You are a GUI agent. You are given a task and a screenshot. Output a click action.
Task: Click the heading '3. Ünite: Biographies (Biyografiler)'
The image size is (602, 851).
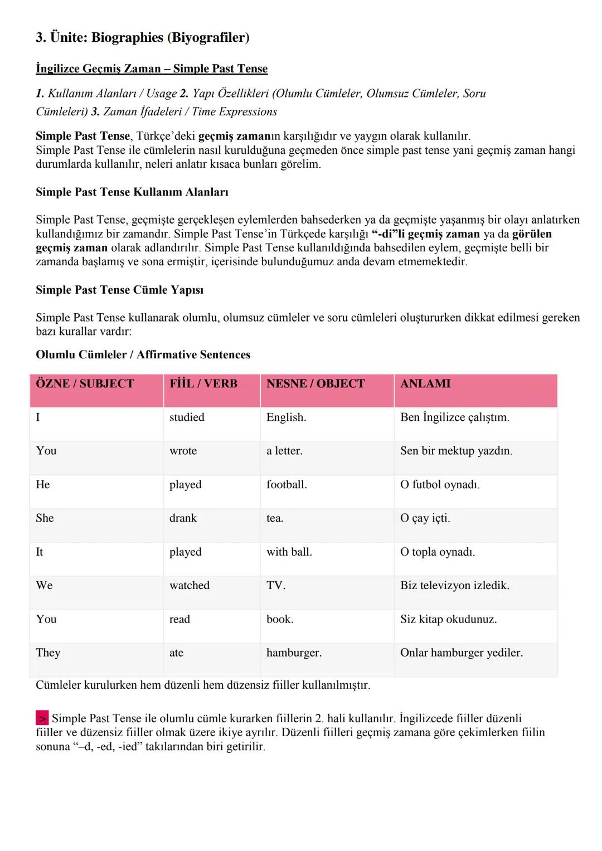point(143,38)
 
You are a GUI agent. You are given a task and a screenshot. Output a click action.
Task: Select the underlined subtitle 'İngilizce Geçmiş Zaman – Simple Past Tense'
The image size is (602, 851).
point(152,69)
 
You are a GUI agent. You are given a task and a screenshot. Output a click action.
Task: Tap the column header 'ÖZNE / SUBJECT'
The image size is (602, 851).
point(85,383)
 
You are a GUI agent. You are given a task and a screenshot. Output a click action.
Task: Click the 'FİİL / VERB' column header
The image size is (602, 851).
point(203,383)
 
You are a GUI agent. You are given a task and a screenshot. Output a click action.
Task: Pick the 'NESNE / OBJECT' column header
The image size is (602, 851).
point(315,383)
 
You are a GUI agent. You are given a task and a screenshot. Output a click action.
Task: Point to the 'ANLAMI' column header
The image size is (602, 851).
point(425,383)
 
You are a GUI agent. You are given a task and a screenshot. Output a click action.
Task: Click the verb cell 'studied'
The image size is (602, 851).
point(187,417)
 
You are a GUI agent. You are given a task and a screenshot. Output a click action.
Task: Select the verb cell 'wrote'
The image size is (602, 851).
point(183,451)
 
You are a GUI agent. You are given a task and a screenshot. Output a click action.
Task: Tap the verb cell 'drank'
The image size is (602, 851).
point(183,518)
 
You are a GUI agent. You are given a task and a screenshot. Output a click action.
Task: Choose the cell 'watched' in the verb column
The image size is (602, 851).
point(190,585)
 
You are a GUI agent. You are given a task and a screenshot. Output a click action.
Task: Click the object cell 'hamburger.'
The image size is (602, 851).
point(294,653)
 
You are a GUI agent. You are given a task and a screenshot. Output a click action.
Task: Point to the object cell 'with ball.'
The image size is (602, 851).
point(289,552)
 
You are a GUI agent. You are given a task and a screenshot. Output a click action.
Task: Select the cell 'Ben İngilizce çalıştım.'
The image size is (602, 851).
point(455,417)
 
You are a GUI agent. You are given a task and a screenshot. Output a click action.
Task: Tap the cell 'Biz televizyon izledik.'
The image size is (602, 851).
point(455,585)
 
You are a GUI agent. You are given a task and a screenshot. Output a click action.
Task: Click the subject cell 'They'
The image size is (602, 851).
point(48,653)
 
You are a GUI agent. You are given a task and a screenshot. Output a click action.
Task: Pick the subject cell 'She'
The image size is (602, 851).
point(45,518)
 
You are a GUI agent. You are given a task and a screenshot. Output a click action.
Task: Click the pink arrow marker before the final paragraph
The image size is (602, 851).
point(42,718)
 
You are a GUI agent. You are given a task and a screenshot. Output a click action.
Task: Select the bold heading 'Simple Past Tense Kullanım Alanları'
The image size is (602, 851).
point(132,192)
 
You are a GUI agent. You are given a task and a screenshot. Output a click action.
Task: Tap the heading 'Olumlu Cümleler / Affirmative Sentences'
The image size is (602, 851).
point(143,354)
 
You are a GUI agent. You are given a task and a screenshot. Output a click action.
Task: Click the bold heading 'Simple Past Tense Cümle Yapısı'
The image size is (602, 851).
point(119,290)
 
